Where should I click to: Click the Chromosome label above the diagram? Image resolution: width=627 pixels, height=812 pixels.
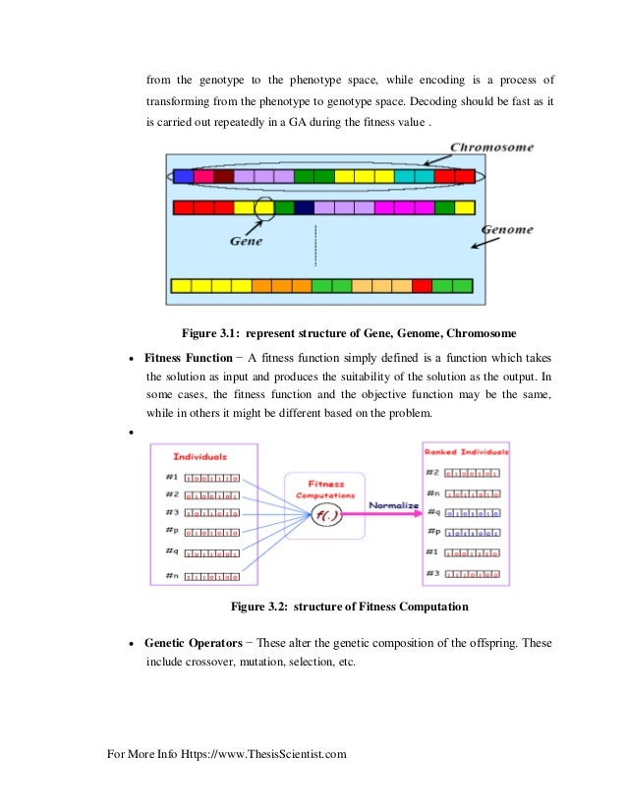click(x=491, y=147)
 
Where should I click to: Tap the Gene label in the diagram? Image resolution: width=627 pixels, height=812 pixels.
click(x=246, y=239)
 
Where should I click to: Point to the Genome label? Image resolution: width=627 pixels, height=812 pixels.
click(x=507, y=230)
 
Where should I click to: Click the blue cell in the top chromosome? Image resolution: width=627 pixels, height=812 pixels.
click(x=183, y=177)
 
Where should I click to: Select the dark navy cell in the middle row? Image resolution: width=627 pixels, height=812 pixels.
click(x=304, y=207)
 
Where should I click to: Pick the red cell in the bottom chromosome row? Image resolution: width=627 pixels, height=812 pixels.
click(x=422, y=286)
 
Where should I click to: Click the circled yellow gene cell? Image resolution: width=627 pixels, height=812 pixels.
click(x=264, y=207)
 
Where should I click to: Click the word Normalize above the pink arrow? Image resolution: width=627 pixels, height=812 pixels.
click(x=393, y=505)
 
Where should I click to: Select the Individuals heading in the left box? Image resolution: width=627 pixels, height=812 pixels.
click(x=199, y=456)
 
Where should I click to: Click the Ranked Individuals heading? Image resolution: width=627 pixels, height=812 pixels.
click(x=466, y=452)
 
